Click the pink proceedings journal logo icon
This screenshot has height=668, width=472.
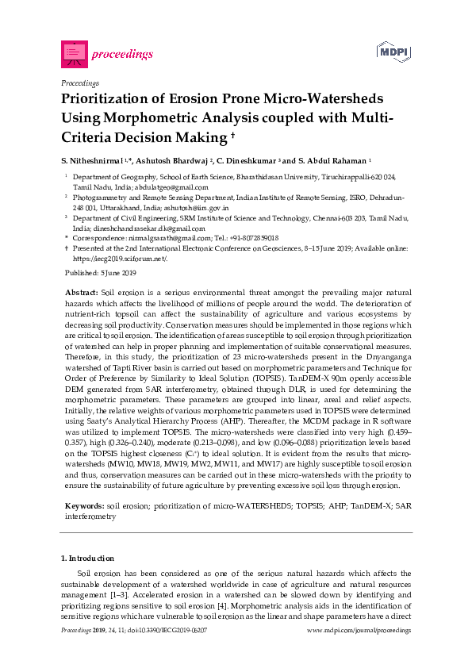coord(73,53)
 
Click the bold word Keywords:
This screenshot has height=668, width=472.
coord(84,505)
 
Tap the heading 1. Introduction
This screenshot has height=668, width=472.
coord(87,559)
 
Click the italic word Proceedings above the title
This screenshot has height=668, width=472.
coord(79,83)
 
